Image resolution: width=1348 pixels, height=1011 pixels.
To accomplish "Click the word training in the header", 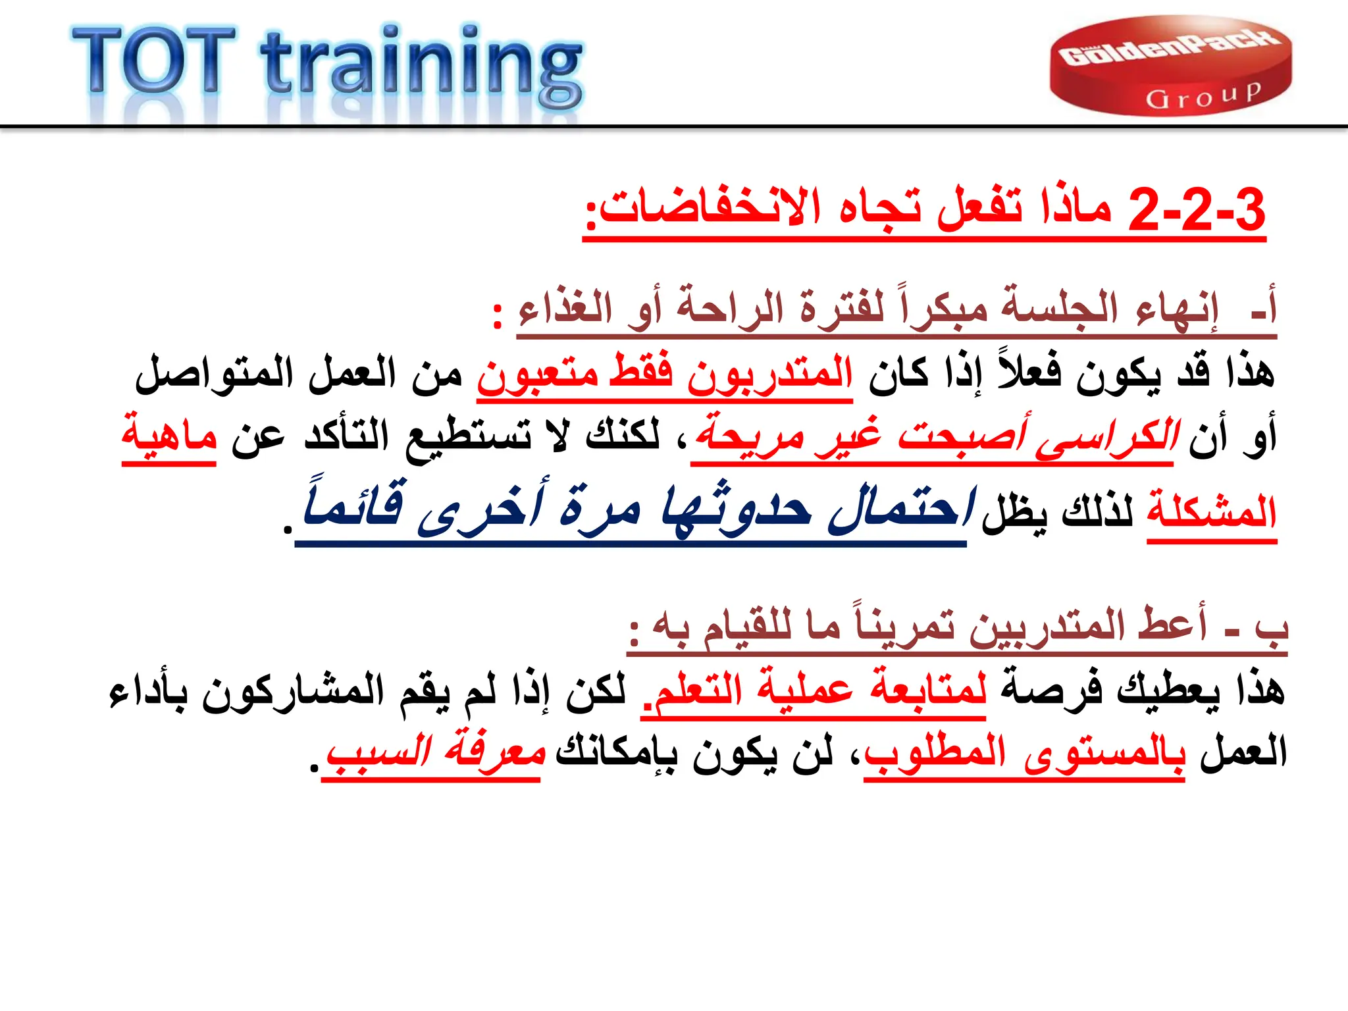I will (x=421, y=66).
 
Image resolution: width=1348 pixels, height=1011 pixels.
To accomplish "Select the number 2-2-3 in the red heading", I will (x=1197, y=209).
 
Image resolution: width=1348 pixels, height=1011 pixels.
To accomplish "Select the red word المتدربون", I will (x=770, y=374).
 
